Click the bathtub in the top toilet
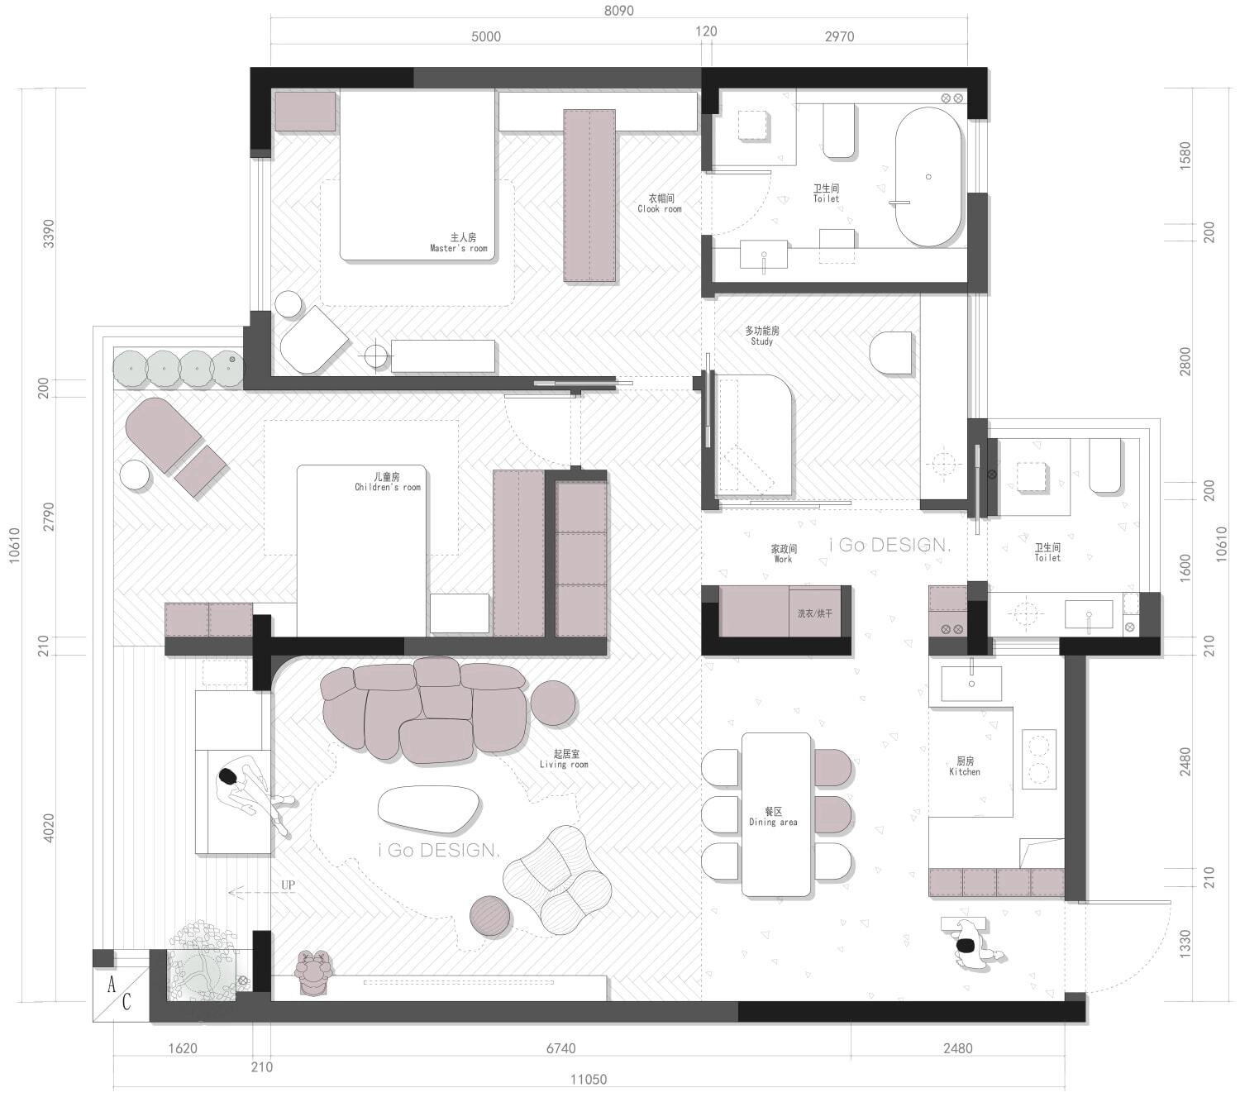click(x=928, y=178)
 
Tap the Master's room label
click(x=459, y=242)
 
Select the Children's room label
click(x=388, y=482)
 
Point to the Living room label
click(x=564, y=759)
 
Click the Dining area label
click(x=773, y=817)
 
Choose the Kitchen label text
click(x=965, y=766)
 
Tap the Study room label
click(x=762, y=336)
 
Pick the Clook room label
click(x=660, y=203)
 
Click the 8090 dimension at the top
click(x=619, y=11)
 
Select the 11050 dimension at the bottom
click(x=589, y=1080)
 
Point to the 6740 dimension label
click(x=560, y=1048)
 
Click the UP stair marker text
click(x=288, y=885)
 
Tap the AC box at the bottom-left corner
click(x=120, y=995)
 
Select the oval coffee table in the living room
click(x=428, y=809)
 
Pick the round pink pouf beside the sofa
click(x=553, y=703)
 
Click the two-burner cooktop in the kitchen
click(x=1038, y=759)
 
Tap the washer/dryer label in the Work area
click(x=814, y=613)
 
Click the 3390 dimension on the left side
click(x=49, y=234)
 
